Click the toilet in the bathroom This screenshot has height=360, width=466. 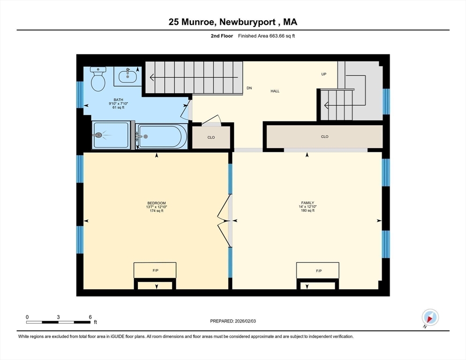[x=98, y=79]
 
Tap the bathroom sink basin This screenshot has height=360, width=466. [x=128, y=77]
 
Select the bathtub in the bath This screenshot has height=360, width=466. [x=162, y=136]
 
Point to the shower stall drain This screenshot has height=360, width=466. [x=98, y=135]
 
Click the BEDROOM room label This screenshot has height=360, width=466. [x=157, y=203]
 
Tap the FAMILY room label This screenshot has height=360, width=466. [x=308, y=203]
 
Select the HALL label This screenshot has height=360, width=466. [x=275, y=91]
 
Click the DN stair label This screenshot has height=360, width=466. [x=249, y=88]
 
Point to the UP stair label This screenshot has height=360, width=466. [x=323, y=74]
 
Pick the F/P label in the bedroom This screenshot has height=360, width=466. [x=156, y=270]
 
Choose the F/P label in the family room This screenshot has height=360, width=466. [x=319, y=271]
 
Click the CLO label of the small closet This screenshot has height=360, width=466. [x=211, y=137]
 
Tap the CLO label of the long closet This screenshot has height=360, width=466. [x=324, y=136]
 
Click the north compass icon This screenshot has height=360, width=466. [x=430, y=317]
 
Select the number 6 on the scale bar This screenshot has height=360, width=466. [x=90, y=317]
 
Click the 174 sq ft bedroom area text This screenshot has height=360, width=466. [x=157, y=211]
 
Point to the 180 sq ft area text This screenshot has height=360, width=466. [x=308, y=210]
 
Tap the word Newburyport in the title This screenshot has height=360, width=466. [x=248, y=22]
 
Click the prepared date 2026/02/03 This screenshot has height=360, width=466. [x=245, y=321]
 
